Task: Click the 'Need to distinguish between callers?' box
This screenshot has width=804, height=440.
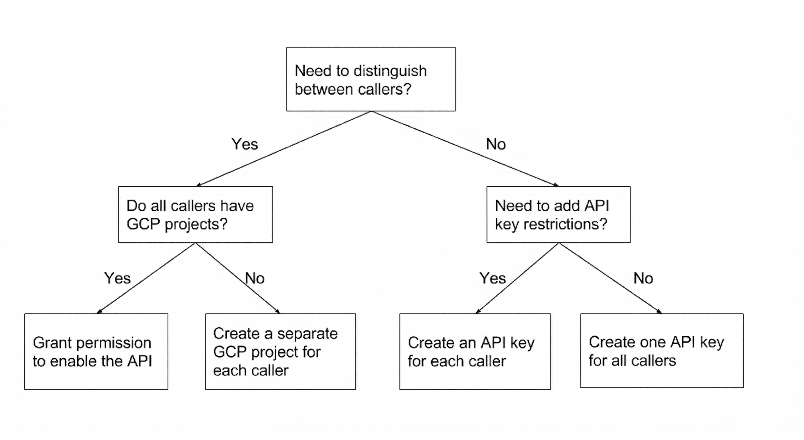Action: (x=371, y=79)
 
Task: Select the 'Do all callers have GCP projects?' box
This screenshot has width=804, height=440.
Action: (x=195, y=215)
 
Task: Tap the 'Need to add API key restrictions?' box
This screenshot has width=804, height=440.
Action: (x=558, y=215)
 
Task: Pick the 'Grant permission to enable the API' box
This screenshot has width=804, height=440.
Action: (x=96, y=351)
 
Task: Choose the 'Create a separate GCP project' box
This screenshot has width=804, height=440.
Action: (x=280, y=351)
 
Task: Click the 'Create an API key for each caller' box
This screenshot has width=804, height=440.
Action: (x=475, y=351)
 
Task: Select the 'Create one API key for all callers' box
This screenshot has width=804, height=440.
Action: (x=662, y=351)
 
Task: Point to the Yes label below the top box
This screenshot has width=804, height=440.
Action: (x=245, y=144)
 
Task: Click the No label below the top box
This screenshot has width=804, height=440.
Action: (x=496, y=144)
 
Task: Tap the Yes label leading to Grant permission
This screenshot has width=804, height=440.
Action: (x=117, y=278)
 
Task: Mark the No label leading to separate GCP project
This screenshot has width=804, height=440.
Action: (x=255, y=278)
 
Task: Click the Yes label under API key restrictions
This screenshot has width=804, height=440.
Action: (x=492, y=278)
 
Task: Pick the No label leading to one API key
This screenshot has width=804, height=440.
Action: (x=643, y=278)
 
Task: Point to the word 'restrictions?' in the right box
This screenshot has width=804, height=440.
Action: (x=565, y=224)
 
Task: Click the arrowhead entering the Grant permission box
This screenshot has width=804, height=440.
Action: (x=99, y=311)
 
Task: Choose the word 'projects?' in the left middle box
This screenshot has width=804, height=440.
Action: (x=196, y=224)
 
